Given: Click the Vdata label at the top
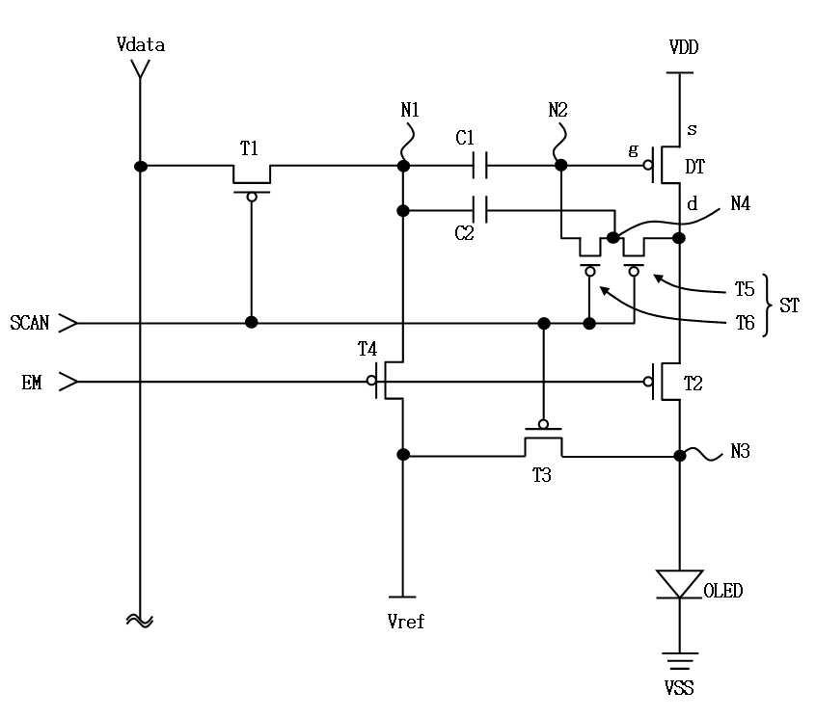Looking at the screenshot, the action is pyautogui.click(x=141, y=44).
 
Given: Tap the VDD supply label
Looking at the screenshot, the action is pyautogui.click(x=683, y=47).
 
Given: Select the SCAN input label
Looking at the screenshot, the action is pyautogui.click(x=30, y=323).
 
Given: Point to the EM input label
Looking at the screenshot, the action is pyautogui.click(x=31, y=384).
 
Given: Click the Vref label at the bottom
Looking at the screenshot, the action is pyautogui.click(x=405, y=622).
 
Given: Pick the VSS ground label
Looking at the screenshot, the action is pyautogui.click(x=679, y=688).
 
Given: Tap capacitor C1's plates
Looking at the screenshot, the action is pyautogui.click(x=479, y=166).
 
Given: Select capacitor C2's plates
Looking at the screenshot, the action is pyautogui.click(x=479, y=210).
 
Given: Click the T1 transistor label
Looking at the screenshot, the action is pyautogui.click(x=249, y=148).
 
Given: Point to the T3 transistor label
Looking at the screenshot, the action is pyautogui.click(x=541, y=475).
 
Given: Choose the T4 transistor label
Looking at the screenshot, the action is pyautogui.click(x=367, y=349).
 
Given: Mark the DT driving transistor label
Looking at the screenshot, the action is pyautogui.click(x=694, y=167).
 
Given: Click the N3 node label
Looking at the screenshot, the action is pyautogui.click(x=740, y=451).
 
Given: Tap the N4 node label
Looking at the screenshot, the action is pyautogui.click(x=740, y=203).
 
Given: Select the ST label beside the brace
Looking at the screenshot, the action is pyautogui.click(x=789, y=305).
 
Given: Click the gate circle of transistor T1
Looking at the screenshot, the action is pyautogui.click(x=252, y=197).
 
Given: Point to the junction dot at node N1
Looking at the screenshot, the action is pyautogui.click(x=403, y=166).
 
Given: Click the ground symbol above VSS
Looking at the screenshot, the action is pyautogui.click(x=679, y=660).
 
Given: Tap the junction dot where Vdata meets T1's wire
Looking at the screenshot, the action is pyautogui.click(x=141, y=166).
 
